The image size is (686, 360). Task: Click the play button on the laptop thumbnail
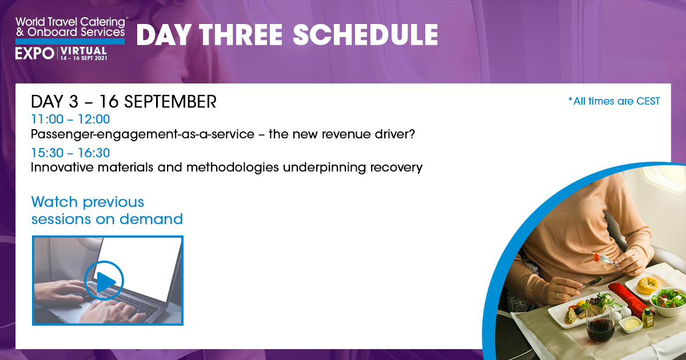coord(104,281)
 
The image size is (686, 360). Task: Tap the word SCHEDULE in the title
coord(365,35)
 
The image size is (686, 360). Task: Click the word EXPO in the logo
coord(35,54)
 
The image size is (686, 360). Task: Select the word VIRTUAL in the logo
coord(83,51)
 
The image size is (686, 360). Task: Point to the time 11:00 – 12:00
coord(70,119)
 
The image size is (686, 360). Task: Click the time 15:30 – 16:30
coord(70,153)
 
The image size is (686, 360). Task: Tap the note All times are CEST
coord(614,101)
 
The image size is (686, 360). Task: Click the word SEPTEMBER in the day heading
coord(170,102)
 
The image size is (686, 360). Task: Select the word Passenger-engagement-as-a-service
coord(143,134)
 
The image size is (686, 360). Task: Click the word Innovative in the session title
coord(62,167)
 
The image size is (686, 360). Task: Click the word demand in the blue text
coord(151,219)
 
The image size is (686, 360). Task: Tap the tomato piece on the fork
coord(596,258)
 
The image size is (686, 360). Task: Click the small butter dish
coord(631,324)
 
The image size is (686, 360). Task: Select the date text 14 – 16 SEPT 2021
coord(83,58)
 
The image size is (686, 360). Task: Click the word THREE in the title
coord(241,35)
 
